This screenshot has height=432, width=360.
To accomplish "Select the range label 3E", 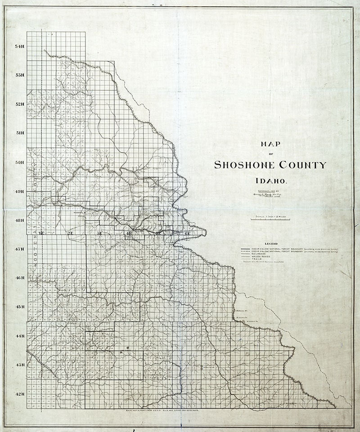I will coord(100,233).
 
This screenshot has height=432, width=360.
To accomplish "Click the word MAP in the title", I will coord(270,144).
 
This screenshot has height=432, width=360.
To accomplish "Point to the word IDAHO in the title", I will coord(270,182).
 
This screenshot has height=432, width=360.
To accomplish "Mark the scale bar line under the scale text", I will coord(270,219).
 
